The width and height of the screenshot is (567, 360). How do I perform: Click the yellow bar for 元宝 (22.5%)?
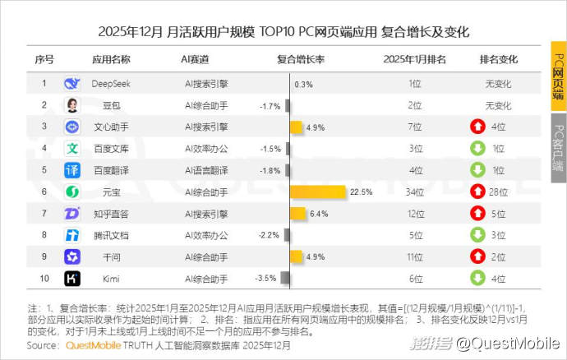click(317, 192)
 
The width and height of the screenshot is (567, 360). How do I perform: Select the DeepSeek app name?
click(111, 84)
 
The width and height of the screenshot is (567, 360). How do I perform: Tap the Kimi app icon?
click(72, 279)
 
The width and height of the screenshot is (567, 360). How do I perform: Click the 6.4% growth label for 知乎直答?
click(319, 214)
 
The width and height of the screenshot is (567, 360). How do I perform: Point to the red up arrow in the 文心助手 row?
click(477, 127)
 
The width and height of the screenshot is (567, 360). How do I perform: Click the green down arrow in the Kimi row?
click(477, 279)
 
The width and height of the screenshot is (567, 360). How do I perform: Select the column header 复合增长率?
click(301, 60)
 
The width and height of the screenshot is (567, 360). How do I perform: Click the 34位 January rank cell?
click(414, 192)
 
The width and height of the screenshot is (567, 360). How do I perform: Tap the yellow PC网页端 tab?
click(558, 77)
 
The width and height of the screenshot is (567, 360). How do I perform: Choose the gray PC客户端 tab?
click(558, 148)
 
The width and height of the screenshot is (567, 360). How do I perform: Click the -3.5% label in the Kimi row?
click(265, 279)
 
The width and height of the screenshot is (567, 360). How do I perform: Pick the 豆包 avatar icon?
click(72, 105)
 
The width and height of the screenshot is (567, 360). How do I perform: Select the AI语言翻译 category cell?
click(206, 170)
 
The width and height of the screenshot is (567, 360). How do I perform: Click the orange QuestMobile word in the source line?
click(93, 345)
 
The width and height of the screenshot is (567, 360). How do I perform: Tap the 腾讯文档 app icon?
click(72, 235)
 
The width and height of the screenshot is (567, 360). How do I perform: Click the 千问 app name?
click(111, 257)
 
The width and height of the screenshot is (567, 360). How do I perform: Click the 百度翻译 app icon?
click(72, 170)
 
